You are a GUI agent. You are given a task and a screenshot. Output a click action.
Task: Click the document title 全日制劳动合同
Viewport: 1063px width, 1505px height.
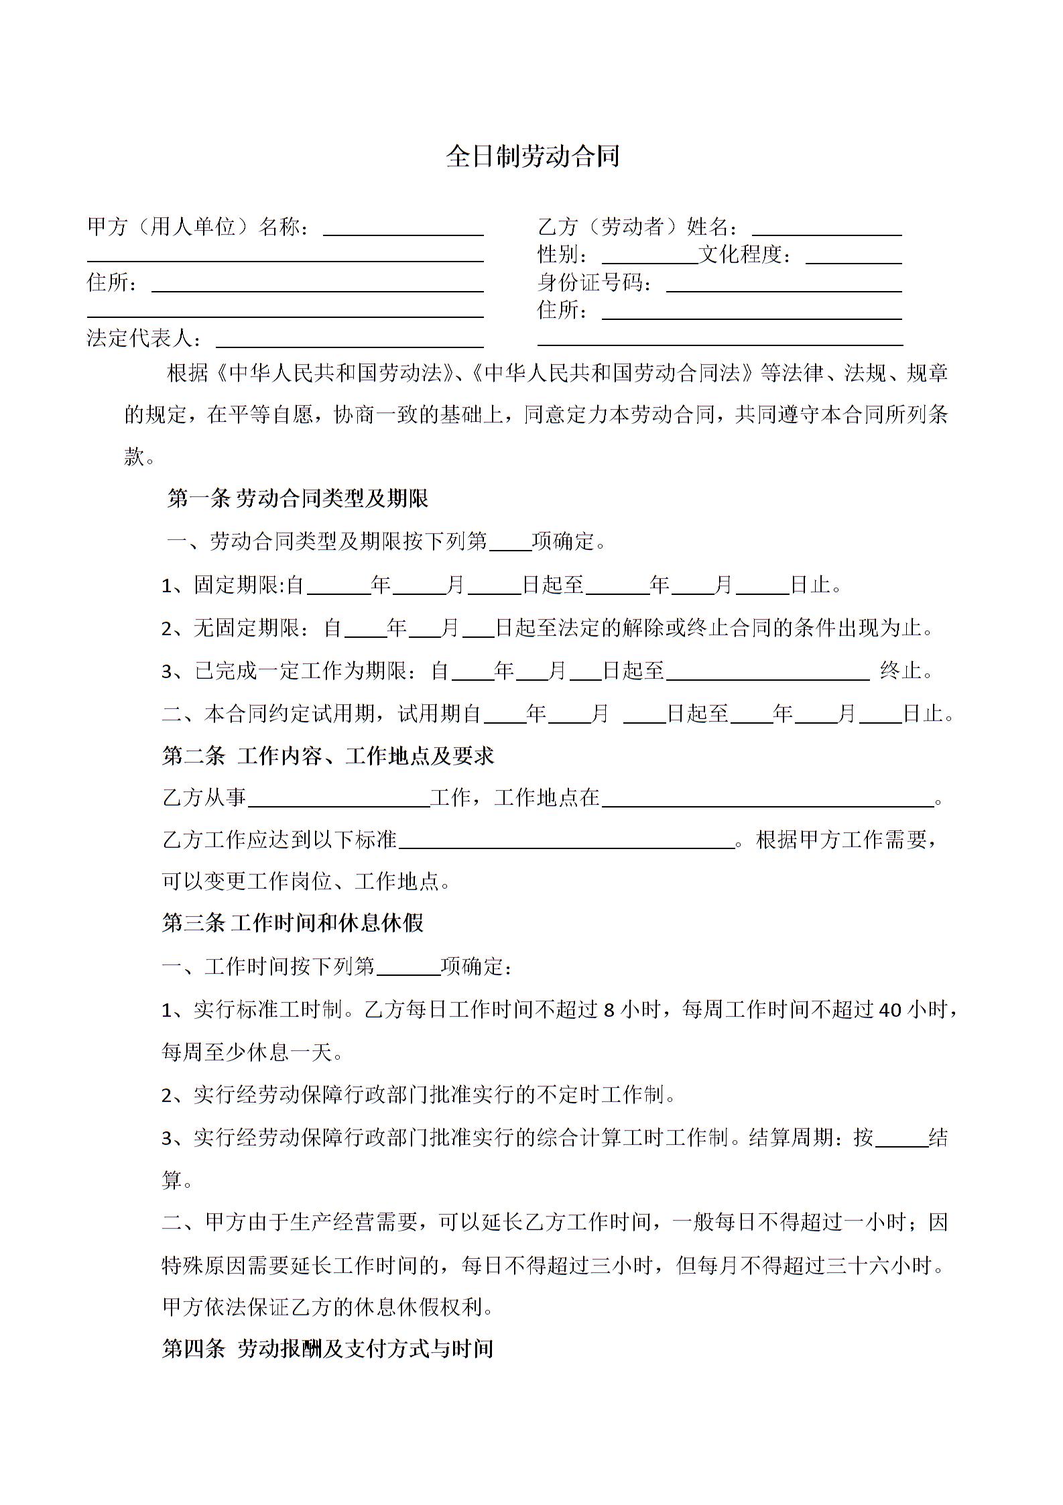(x=532, y=156)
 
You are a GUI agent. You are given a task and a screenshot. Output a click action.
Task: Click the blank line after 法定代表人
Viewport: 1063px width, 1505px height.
(x=349, y=341)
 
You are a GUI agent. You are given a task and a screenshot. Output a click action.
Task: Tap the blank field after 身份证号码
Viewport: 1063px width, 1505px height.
(x=784, y=285)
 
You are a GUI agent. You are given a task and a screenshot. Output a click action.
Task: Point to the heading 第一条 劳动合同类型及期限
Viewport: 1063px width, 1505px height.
(x=297, y=498)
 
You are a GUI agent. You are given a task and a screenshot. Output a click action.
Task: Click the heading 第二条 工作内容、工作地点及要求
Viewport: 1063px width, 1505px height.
(x=328, y=756)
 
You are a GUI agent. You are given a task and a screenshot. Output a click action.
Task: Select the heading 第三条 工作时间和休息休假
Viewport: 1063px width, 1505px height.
(x=293, y=923)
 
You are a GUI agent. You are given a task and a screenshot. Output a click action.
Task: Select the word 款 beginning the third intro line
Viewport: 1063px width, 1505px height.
(x=134, y=457)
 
